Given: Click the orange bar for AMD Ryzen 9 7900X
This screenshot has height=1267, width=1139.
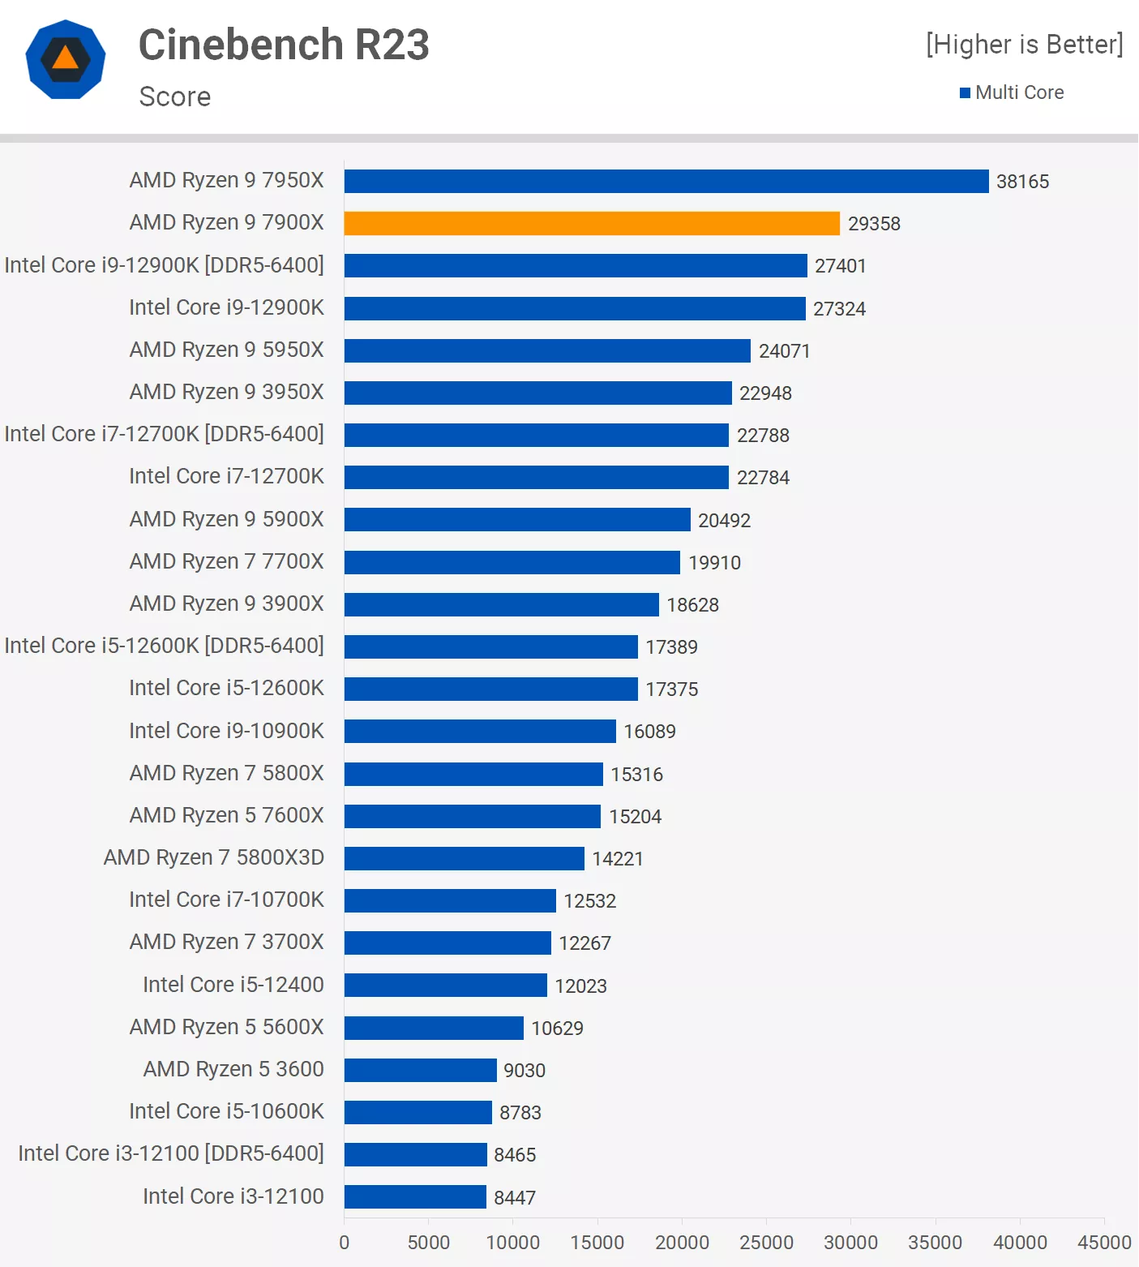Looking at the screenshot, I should click(x=592, y=223).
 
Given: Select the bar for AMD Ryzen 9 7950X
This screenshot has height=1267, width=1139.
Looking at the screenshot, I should click(x=666, y=181).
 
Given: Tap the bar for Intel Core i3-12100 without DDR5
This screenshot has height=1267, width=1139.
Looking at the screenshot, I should click(x=415, y=1196).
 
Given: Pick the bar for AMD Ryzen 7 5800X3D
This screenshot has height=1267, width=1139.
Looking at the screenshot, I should click(x=464, y=858).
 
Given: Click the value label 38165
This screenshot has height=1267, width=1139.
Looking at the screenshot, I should click(x=1022, y=182).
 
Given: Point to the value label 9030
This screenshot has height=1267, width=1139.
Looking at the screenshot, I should click(x=525, y=1071).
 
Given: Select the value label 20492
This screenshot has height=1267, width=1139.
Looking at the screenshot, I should click(x=724, y=521).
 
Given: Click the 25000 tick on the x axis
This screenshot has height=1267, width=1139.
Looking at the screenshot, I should click(x=766, y=1243).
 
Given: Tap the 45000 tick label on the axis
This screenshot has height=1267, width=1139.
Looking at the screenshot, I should click(x=1103, y=1243).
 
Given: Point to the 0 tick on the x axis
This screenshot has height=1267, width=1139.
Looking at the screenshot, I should click(x=345, y=1243).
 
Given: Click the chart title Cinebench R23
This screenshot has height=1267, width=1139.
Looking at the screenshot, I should click(x=284, y=45).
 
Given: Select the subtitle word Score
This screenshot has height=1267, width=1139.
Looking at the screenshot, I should click(x=175, y=97).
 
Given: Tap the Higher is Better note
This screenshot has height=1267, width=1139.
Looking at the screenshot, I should click(x=1025, y=45).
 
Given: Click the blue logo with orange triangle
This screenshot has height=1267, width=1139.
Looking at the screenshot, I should click(x=66, y=59).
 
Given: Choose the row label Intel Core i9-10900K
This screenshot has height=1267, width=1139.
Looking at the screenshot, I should click(x=226, y=731).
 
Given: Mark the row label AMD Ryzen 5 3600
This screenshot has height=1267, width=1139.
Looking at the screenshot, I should click(x=233, y=1069).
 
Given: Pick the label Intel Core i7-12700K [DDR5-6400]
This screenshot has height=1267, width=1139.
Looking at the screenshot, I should click(x=164, y=434).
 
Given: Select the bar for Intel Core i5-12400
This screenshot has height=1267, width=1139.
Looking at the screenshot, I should click(x=445, y=985).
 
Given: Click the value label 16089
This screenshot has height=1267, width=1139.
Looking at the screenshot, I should click(x=649, y=732).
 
